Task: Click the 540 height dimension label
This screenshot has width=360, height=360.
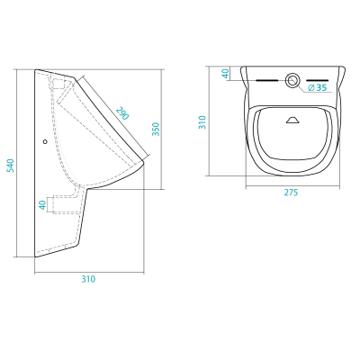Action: [x=11, y=166]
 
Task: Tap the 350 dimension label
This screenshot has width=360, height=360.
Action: [x=156, y=129]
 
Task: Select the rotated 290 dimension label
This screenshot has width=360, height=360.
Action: [x=122, y=112]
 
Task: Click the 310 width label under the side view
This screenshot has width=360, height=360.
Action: [x=88, y=279]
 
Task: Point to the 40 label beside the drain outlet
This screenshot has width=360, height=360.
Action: [x=43, y=204]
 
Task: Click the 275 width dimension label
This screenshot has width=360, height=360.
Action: [x=292, y=193]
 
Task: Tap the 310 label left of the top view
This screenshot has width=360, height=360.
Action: [x=202, y=122]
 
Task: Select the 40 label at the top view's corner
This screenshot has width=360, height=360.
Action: [x=226, y=73]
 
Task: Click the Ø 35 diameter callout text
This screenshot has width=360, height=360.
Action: [x=318, y=87]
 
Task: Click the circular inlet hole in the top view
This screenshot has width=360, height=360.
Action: [x=292, y=80]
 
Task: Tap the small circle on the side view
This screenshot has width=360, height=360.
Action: [x=45, y=141]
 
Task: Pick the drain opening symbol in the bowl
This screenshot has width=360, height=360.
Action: [x=292, y=120]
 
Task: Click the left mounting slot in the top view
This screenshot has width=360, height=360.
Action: [x=267, y=80]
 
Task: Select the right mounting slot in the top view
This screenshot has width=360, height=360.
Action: [x=318, y=80]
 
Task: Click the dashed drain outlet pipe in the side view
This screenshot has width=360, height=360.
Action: [x=65, y=204]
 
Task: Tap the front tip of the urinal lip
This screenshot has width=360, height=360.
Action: [x=144, y=161]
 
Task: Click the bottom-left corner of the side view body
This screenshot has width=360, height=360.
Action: [x=36, y=256]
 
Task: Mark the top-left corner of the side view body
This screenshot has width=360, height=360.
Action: [x=35, y=70]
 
